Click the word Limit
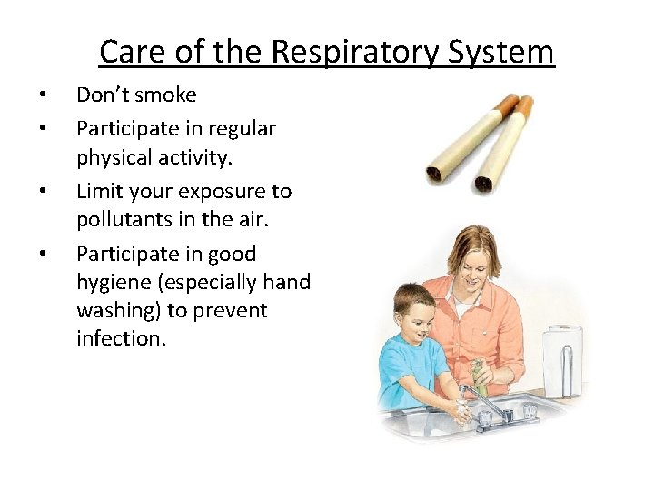point(99,191)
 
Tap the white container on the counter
point(563,359)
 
